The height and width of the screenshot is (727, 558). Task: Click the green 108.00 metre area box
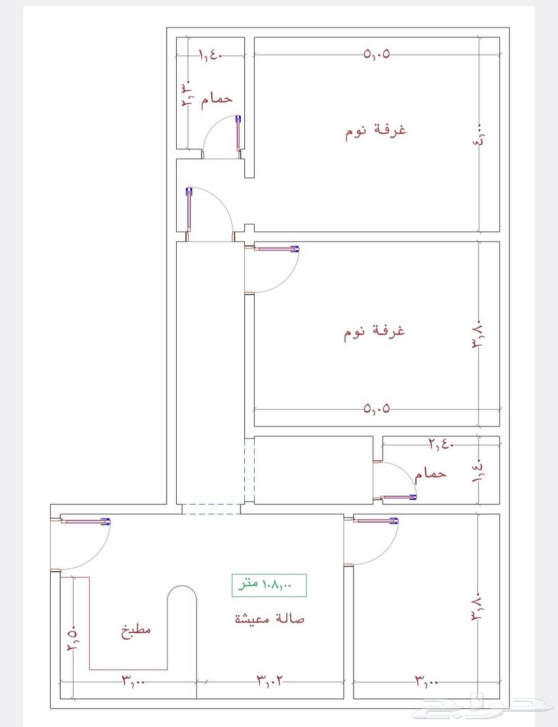click(269, 585)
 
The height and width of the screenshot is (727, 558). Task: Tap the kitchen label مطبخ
click(136, 631)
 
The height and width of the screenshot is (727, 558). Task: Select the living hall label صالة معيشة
click(270, 619)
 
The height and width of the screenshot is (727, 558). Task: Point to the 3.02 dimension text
click(270, 681)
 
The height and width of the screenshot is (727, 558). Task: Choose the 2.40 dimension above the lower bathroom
click(440, 444)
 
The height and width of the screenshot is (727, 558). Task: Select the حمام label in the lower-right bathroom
click(430, 474)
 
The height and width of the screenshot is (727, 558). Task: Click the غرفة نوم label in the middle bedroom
click(374, 332)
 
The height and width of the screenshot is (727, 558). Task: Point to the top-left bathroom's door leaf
click(239, 133)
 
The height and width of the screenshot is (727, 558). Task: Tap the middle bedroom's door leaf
click(277, 249)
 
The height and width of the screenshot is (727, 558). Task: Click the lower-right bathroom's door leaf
click(399, 497)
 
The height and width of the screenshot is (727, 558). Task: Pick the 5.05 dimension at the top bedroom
click(376, 55)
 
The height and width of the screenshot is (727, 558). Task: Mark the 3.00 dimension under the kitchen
click(134, 681)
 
